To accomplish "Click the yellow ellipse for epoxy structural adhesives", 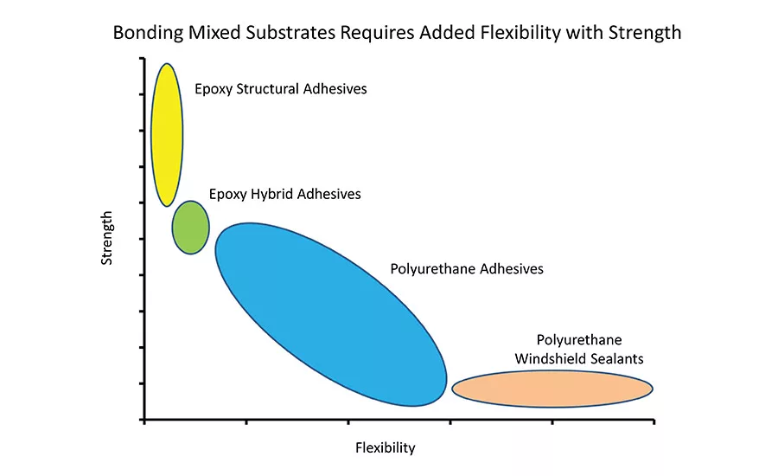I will [167, 134].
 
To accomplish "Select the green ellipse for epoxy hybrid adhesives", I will [190, 227].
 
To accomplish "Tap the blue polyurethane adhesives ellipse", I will [330, 313].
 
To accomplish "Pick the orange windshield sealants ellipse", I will [552, 389].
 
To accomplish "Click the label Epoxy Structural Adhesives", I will [280, 89].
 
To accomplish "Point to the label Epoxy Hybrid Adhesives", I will [284, 194].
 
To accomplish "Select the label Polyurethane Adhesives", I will [467, 269].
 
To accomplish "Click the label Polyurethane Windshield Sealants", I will [578, 349].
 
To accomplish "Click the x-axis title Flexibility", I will [386, 447].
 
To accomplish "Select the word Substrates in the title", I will [284, 34].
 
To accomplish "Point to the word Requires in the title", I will [367, 34].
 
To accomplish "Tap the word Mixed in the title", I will [208, 34].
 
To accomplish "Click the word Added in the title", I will [433, 34].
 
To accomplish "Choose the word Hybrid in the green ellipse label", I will [275, 194].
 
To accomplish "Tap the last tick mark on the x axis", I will [654, 421].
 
